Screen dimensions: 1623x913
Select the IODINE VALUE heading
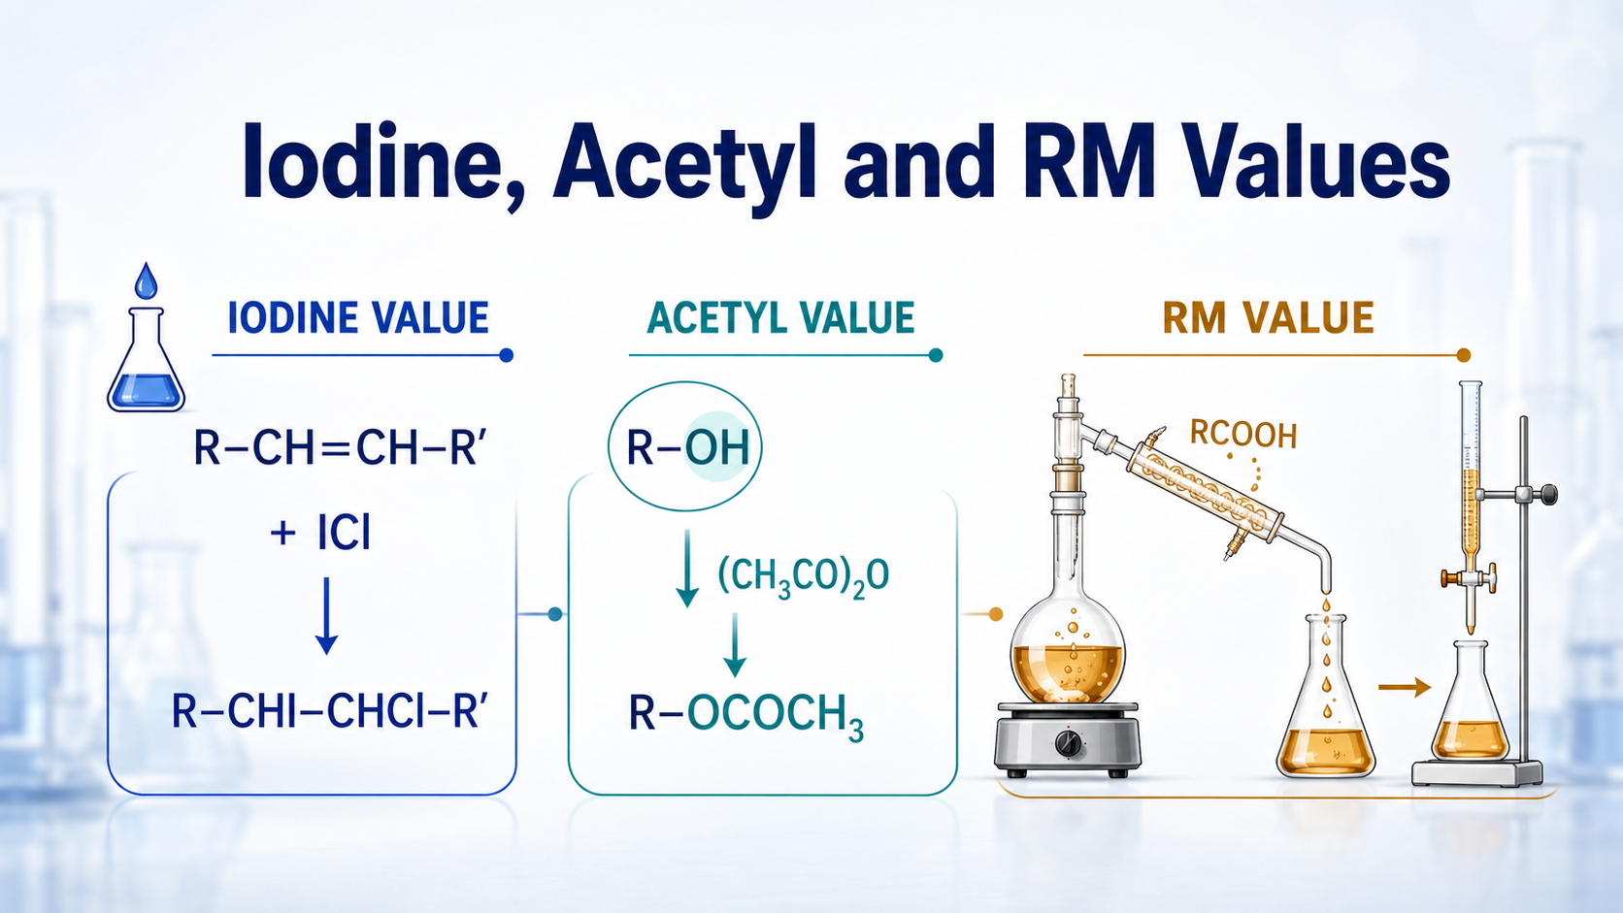[x=358, y=318]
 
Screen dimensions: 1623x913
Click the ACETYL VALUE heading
[x=780, y=318]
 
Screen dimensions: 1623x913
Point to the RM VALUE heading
[x=1268, y=318]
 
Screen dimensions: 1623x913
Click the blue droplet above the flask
[x=147, y=281]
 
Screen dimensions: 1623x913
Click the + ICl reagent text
[x=320, y=534]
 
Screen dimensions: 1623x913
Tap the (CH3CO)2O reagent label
[x=803, y=576]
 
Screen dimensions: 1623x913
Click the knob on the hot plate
[x=1070, y=743]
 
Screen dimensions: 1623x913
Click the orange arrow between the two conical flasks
[x=1404, y=687]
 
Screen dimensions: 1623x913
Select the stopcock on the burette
[x=1470, y=577]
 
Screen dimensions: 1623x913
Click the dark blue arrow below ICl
[x=326, y=616]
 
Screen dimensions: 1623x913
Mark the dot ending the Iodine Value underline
[x=507, y=355]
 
